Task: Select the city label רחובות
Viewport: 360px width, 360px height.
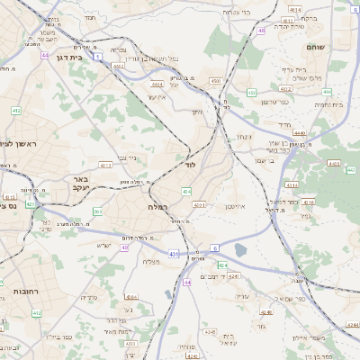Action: [x=20, y=292]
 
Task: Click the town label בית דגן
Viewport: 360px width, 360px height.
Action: [x=82, y=54]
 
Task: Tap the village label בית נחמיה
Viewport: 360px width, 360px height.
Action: [x=328, y=104]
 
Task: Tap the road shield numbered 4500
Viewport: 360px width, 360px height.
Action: [x=215, y=81]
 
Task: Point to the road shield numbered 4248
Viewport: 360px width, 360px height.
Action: [x=265, y=312]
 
